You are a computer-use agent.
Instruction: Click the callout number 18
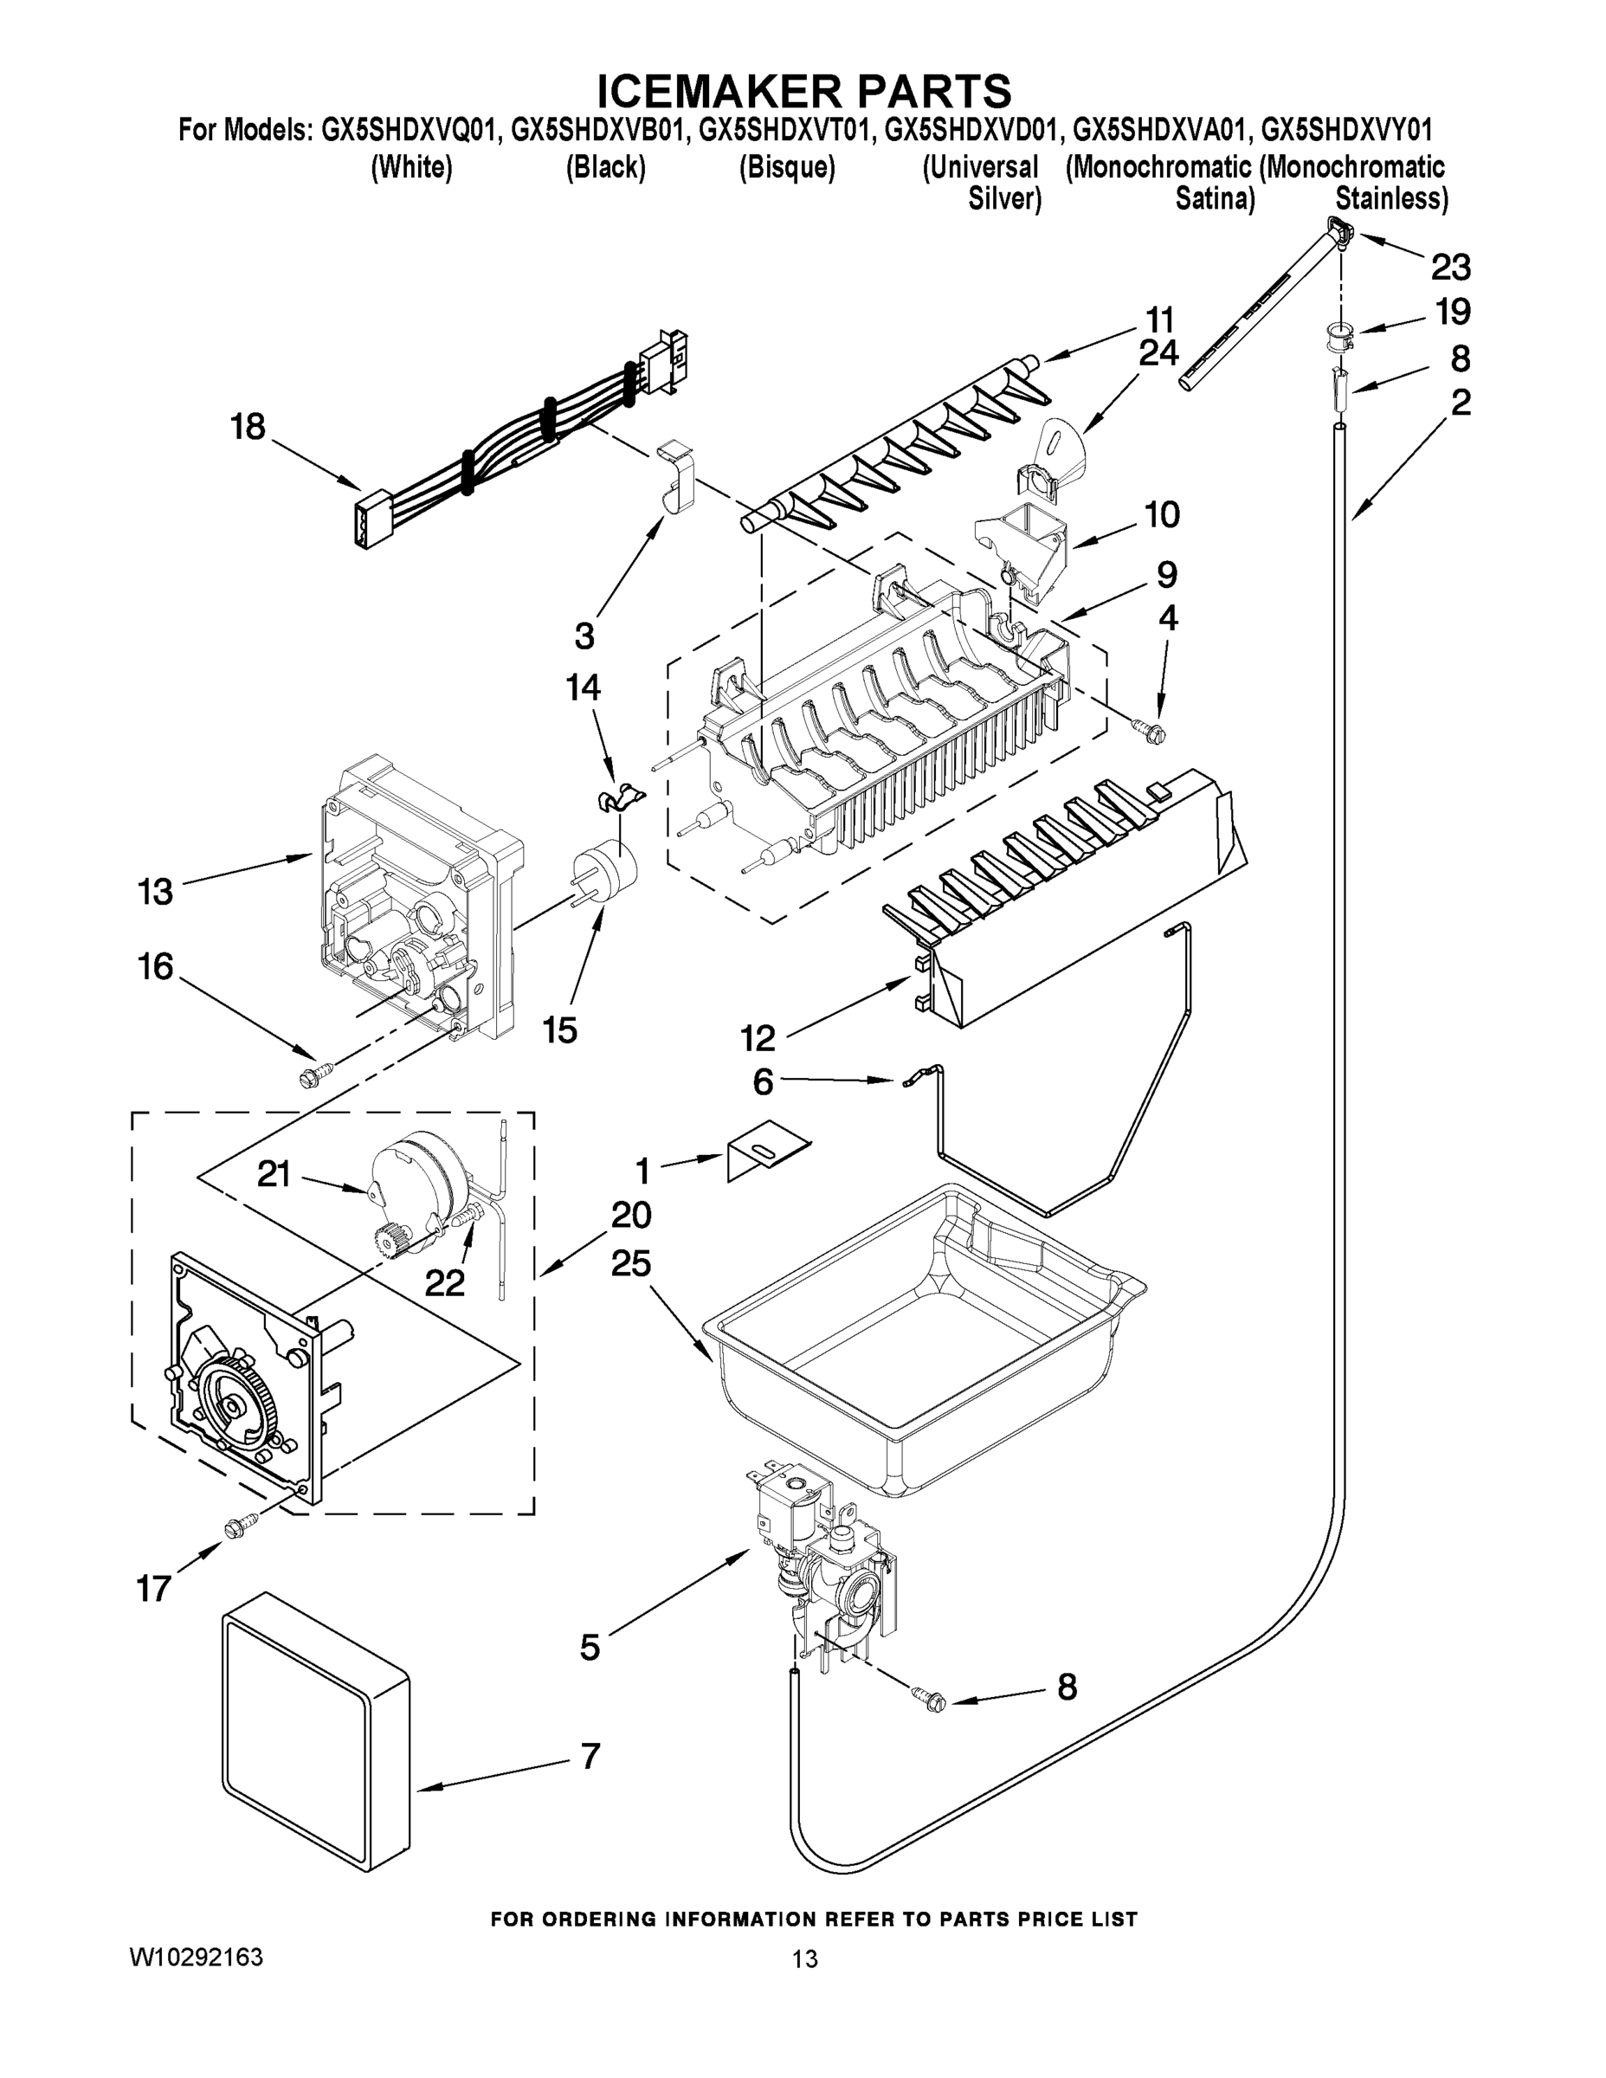(x=248, y=426)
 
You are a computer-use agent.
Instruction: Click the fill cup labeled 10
(x=1022, y=549)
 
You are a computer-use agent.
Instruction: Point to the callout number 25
(x=631, y=1264)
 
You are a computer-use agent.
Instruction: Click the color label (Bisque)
(x=787, y=169)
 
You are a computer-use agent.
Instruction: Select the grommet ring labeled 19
(x=1338, y=335)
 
